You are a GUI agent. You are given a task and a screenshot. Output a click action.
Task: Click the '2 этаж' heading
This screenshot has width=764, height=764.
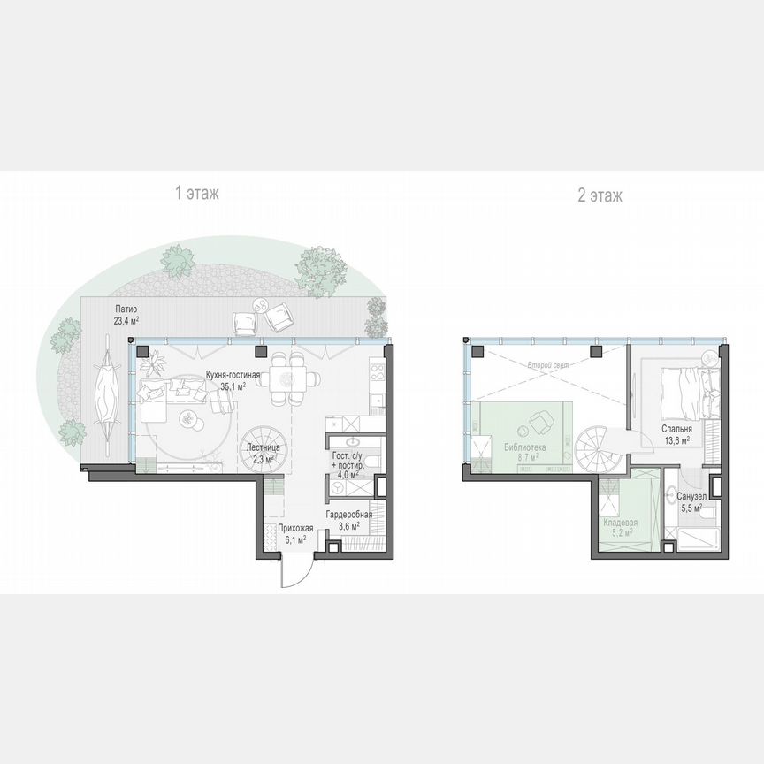pyautogui.click(x=600, y=195)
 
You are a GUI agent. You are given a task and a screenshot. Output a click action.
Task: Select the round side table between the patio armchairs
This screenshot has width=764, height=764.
pyautogui.click(x=262, y=306)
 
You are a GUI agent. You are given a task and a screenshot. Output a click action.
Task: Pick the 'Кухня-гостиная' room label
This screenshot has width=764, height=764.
pyautogui.click(x=234, y=373)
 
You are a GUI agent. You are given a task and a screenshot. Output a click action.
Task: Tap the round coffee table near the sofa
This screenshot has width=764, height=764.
pyautogui.click(x=189, y=416)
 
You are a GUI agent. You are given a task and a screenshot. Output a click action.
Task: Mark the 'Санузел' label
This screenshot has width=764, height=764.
pyautogui.click(x=690, y=497)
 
